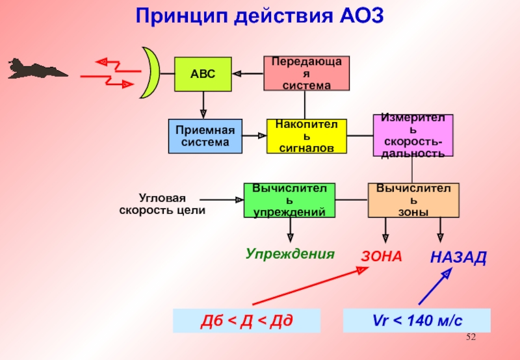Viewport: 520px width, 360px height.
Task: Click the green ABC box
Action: [203, 74]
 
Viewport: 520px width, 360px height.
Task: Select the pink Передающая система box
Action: [306, 73]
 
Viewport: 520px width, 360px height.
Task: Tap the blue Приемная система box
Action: [205, 136]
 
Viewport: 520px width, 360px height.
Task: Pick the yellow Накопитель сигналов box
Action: [307, 136]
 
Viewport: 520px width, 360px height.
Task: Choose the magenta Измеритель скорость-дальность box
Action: [413, 135]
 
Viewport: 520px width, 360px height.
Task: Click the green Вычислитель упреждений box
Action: [289, 200]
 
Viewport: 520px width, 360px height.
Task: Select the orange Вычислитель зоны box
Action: [413, 200]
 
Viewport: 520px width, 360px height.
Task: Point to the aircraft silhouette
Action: [37, 69]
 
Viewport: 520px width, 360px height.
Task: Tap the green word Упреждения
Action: [290, 254]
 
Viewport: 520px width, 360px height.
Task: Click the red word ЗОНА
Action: [382, 257]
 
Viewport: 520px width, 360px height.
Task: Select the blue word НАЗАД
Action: [458, 257]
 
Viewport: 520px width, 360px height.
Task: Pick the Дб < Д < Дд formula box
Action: [247, 320]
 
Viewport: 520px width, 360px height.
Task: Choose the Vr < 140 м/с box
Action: [417, 320]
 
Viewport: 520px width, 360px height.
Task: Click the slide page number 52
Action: [471, 337]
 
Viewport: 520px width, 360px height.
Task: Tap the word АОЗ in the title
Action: [361, 15]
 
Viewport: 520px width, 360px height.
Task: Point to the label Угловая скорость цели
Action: [162, 204]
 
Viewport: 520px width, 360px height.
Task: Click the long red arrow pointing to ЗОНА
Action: [311, 286]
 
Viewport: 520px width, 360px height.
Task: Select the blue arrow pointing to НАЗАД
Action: [435, 286]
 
